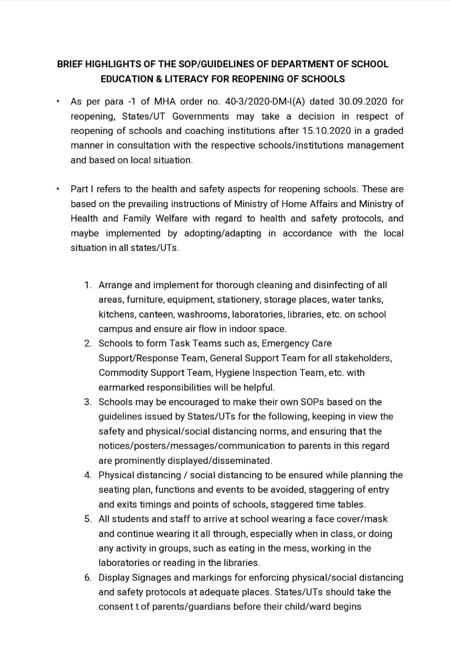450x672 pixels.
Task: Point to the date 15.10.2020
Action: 323,131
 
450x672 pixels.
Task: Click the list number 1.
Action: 87,285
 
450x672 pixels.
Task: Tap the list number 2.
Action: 87,343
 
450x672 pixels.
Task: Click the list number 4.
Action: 87,475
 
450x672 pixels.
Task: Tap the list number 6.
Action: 87,577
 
